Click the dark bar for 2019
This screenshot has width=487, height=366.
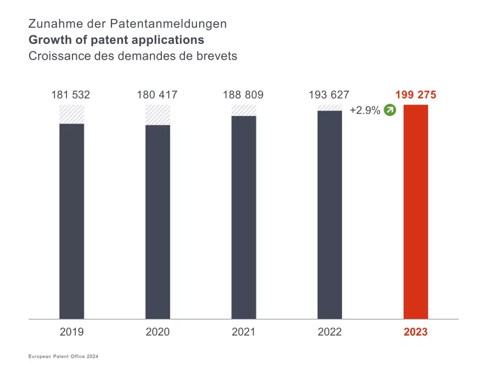[71, 221]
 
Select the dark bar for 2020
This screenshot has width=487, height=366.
[157, 222]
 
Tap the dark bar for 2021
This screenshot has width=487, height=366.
[243, 217]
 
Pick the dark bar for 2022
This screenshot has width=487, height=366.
[330, 215]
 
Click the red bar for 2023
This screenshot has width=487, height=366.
[416, 211]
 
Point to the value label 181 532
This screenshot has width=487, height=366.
[70, 95]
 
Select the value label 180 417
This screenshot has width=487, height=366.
[157, 95]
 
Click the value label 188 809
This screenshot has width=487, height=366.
[243, 95]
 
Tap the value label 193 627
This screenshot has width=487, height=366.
[329, 95]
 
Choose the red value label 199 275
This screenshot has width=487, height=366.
[416, 95]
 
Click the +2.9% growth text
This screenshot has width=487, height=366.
[365, 111]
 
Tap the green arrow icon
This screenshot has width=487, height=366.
[390, 111]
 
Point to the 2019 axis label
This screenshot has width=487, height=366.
[71, 332]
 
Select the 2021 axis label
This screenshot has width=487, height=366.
[243, 332]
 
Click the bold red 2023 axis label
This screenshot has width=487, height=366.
[416, 332]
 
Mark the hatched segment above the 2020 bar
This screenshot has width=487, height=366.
[157, 115]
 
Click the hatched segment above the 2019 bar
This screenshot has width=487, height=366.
[71, 114]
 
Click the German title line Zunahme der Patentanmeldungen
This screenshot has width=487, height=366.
[128, 24]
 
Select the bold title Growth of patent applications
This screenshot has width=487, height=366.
[116, 40]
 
